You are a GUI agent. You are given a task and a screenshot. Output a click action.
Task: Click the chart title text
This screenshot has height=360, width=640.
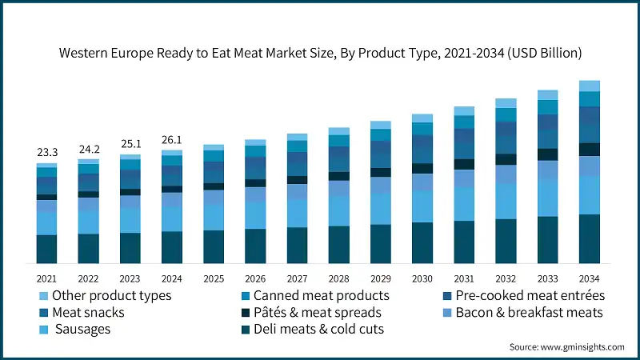[320, 54]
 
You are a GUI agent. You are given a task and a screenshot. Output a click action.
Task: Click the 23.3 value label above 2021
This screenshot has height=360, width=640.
[46, 152]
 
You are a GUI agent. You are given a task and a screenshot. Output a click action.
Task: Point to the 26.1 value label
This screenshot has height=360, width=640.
[171, 139]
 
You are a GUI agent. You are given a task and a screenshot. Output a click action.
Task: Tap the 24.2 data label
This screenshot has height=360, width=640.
[88, 148]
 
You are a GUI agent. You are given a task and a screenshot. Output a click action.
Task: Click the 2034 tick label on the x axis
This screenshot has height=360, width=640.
[590, 278]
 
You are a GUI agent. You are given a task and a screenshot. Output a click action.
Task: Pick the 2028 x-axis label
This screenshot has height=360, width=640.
[338, 278]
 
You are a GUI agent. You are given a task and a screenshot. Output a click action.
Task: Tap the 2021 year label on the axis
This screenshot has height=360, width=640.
[46, 278]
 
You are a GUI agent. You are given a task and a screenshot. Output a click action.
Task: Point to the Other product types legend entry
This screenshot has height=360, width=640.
[111, 295]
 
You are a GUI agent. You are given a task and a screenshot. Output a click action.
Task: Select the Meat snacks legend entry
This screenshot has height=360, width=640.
[90, 312]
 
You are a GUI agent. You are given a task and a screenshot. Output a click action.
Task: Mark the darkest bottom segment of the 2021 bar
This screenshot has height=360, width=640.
[46, 249]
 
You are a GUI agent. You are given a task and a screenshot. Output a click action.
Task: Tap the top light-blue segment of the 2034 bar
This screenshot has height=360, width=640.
[590, 86]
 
